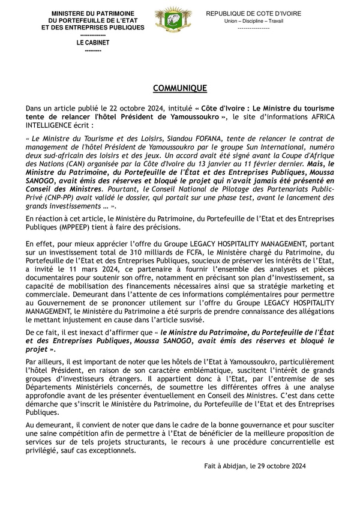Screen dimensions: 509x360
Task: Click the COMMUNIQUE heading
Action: pos(180,88)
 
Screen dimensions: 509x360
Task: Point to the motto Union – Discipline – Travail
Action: pos(253,21)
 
